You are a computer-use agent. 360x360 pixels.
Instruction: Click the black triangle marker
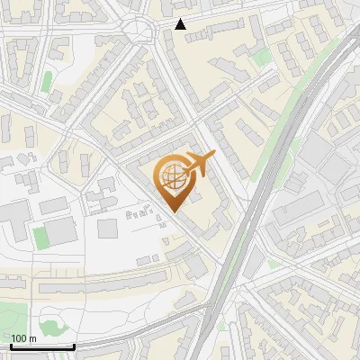[181, 24]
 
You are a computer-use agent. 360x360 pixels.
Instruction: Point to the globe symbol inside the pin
[173, 176]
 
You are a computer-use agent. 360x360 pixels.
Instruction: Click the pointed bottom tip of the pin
[173, 211]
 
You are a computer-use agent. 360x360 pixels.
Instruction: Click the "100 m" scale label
[23, 337]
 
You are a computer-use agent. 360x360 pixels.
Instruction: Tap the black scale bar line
[42, 346]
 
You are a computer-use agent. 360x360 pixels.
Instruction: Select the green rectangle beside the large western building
[39, 237]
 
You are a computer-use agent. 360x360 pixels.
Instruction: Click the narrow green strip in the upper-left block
[47, 81]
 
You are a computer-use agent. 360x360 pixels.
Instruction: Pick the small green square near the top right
[262, 58]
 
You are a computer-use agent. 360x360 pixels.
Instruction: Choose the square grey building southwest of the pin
[108, 228]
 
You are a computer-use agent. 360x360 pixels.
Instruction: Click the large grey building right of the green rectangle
[61, 232]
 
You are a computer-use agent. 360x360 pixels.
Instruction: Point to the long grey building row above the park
[90, 286]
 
